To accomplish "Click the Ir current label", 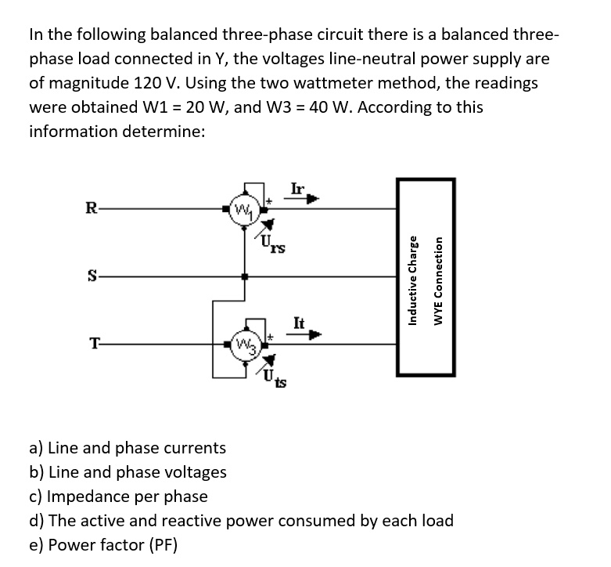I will coord(297,188).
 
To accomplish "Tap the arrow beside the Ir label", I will coord(310,200).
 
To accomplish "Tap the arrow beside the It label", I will coord(311,336).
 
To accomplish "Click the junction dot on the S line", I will coord(246,276).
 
